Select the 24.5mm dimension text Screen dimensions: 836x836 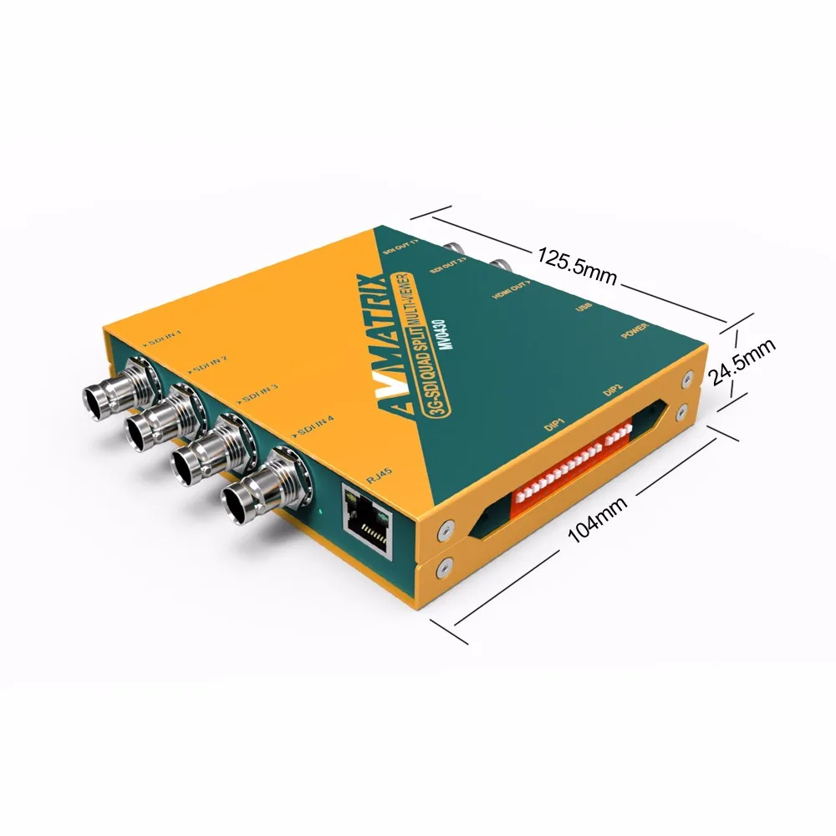[x=742, y=362]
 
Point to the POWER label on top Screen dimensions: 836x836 [x=635, y=333]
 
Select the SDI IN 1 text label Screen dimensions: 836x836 [x=164, y=340]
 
